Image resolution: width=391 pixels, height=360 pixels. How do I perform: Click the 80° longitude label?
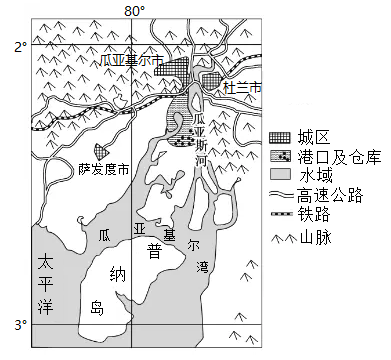pos(135,11)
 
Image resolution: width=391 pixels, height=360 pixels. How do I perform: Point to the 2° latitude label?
pos(21,47)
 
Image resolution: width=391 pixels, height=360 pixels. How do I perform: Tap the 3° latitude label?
pos(21,325)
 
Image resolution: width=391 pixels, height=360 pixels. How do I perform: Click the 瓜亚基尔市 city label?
pos(132,61)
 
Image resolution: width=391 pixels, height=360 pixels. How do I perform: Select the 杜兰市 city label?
pos(242,88)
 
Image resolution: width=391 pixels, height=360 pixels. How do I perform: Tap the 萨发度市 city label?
pos(104,170)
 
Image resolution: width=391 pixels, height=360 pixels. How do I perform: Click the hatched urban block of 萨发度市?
pos(101,151)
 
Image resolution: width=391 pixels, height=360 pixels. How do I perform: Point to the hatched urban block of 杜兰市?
pos(211,82)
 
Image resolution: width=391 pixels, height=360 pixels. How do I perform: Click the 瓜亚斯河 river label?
pos(201,140)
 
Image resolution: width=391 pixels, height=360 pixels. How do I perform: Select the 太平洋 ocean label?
pos(45,284)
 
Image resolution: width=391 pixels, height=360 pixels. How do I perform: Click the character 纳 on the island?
pos(117,275)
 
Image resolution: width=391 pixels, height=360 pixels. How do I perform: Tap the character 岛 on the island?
pos(97,308)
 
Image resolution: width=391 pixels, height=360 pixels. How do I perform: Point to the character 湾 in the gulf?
pos(202,266)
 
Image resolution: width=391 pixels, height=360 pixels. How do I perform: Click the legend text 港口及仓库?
pos(339,156)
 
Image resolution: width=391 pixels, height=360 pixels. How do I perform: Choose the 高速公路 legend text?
pos(330,195)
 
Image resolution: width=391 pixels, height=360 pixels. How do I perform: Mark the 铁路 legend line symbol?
pos(281,213)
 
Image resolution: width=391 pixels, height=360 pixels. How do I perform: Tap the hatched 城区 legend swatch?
pos(280,138)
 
